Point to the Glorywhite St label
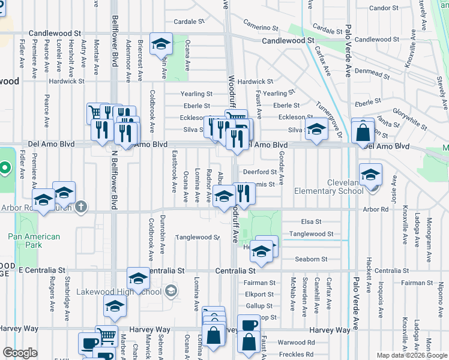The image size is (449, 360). tap(408, 111)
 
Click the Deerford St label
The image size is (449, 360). tap(259, 172)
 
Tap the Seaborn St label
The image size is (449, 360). tap(311, 259)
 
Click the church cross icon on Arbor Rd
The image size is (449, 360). tap(81, 207)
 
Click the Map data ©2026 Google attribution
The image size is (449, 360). tap(412, 355)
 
